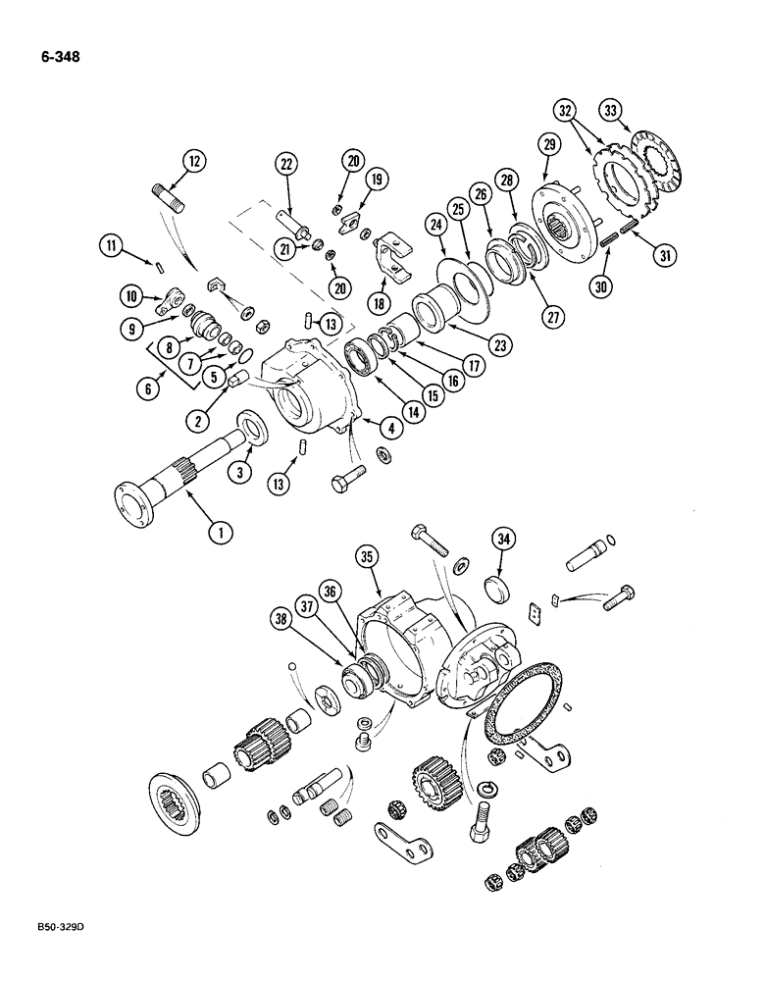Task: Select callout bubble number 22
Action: [285, 165]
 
